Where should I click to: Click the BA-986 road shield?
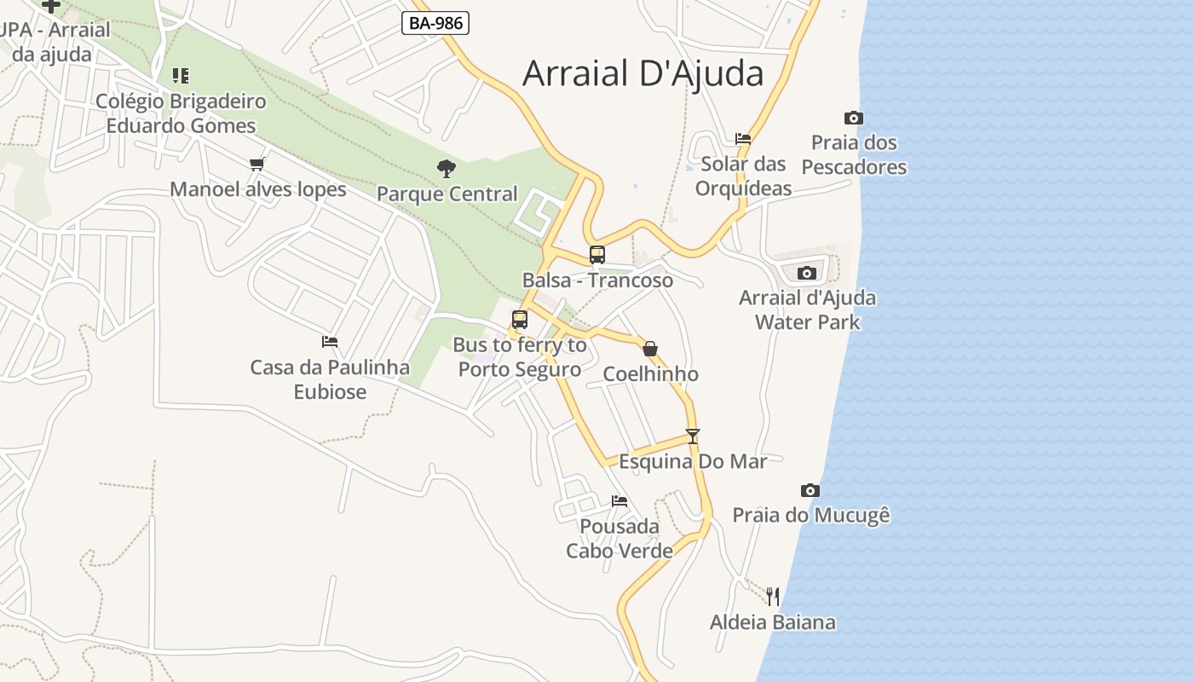435,23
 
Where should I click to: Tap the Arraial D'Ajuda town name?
643,73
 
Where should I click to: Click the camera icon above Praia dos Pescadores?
853,118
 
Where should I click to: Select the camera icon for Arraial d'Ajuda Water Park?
806,273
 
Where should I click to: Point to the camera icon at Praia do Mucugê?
810,490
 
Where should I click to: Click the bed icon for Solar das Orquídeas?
743,138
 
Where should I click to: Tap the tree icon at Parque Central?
446,169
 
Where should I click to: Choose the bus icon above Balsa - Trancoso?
597,254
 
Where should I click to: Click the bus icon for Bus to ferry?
520,320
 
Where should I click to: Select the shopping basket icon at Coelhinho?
650,349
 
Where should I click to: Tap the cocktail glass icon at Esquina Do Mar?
693,436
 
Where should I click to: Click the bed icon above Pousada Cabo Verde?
620,501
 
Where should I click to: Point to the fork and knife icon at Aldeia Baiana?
773,596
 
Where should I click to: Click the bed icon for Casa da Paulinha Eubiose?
330,342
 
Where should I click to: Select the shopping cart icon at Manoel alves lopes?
257,164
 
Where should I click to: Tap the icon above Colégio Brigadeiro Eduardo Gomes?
180,76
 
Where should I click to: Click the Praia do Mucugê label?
811,515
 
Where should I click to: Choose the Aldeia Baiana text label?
773,622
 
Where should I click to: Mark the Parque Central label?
447,194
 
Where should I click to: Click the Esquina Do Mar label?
693,461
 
